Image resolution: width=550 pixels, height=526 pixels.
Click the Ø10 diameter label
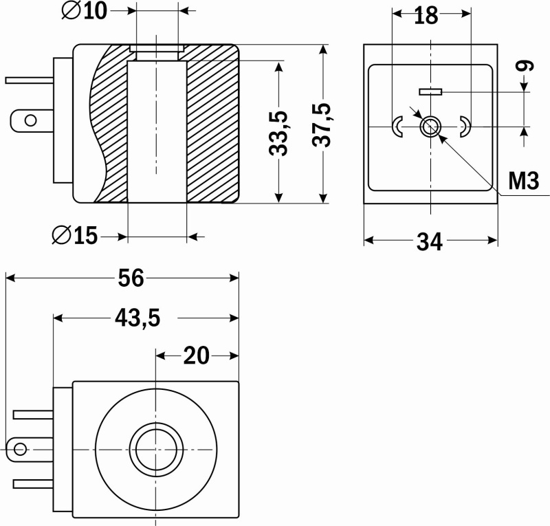pos(84,11)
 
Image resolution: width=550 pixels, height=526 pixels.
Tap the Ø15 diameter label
pos(75,235)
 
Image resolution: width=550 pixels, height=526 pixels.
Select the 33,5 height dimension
pos(278,133)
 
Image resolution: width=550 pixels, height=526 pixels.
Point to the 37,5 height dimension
pos(322,124)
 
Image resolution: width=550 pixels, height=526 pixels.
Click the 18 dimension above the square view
pos(426,15)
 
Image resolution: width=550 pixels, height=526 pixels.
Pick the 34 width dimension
pos(429,242)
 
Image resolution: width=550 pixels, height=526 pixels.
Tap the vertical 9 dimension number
pos(525,65)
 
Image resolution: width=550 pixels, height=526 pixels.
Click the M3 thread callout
pos(523,181)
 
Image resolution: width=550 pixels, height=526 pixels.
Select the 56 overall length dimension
pos(131,278)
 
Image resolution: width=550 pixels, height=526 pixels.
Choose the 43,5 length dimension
pos(137,318)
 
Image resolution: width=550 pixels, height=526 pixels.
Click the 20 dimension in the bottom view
pos(197,355)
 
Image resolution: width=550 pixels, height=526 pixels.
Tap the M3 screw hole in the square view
pos(430,127)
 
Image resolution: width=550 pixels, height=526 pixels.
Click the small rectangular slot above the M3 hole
pos(430,92)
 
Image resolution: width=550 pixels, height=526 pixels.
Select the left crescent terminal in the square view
pos(397,127)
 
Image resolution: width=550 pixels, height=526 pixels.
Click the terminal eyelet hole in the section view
pos(30,121)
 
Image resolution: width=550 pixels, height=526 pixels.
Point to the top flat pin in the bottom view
pos(33,415)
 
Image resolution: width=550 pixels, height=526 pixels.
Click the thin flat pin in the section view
pos(30,80)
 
